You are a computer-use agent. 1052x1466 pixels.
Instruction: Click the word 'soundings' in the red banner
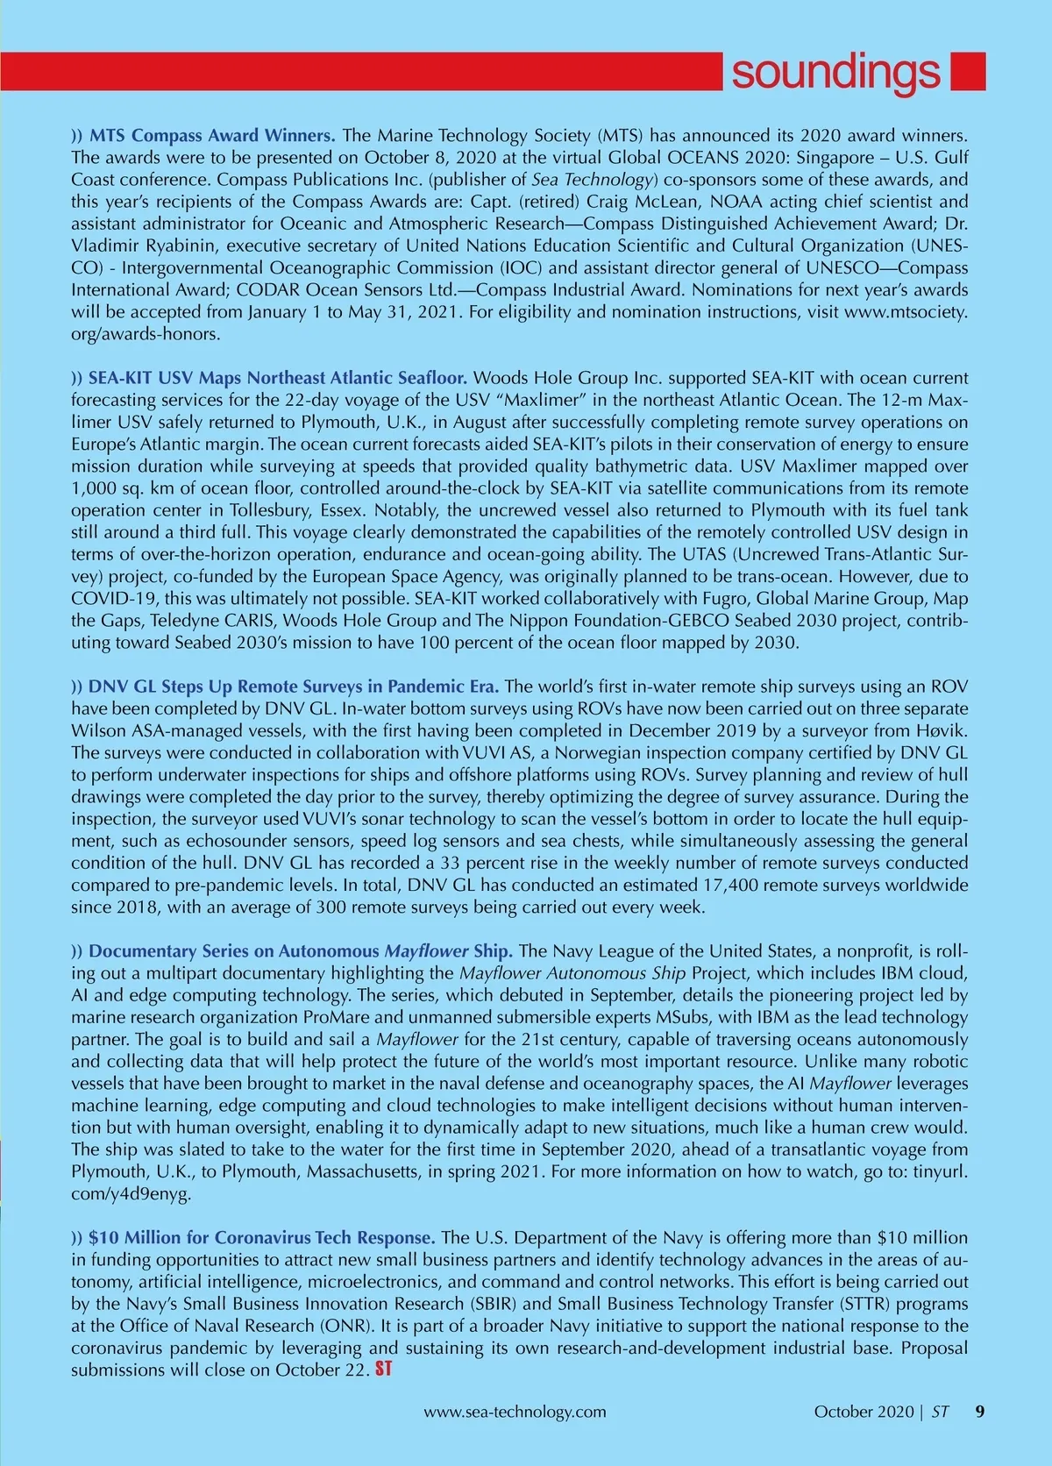[x=835, y=72]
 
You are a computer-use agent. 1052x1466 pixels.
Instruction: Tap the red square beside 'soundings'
[x=968, y=71]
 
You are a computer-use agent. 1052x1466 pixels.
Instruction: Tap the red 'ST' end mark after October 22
[x=383, y=1369]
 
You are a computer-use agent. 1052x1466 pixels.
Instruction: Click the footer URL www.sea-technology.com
[x=515, y=1412]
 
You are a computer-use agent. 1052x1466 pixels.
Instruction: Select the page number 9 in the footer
[x=980, y=1412]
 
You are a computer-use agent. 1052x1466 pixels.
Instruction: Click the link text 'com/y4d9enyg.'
[x=131, y=1192]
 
